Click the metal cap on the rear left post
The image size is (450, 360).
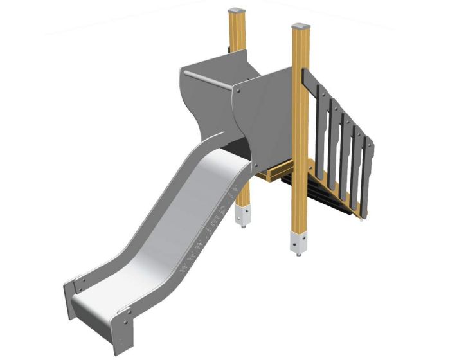point(238,12)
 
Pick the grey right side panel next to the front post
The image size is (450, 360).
point(264,122)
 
